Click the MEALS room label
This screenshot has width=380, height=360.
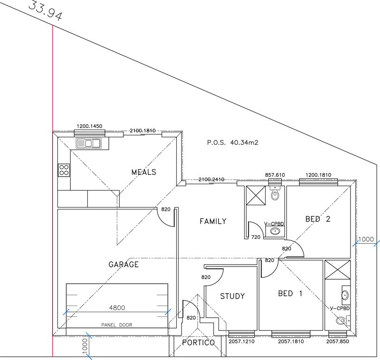coord(144,172)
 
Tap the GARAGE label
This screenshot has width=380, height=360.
coord(123,265)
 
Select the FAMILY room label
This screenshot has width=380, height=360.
coord(213,221)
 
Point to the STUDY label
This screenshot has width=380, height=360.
coord(232,296)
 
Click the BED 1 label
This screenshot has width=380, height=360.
coord(290,294)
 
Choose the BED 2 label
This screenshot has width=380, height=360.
coord(318,219)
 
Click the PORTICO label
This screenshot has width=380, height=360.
coord(199,342)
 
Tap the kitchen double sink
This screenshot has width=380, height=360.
coord(89,143)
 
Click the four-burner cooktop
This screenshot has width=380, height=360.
coord(64,170)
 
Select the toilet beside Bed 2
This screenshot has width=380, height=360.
coord(275,193)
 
